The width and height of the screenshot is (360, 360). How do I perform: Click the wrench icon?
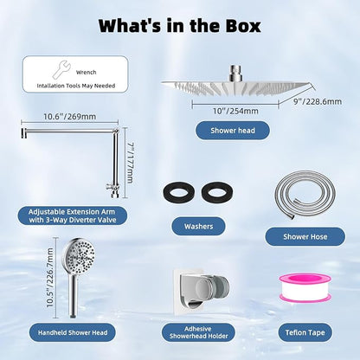pyautogui.click(x=61, y=69)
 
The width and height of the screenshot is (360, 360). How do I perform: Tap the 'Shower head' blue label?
pyautogui.click(x=233, y=131)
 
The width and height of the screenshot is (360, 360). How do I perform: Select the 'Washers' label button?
pyautogui.click(x=198, y=226)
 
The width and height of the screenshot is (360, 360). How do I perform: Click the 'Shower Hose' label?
pyautogui.click(x=305, y=237)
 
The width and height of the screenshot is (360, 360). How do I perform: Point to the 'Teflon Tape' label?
pyautogui.click(x=305, y=332)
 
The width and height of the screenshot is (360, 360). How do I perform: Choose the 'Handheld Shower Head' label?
pyautogui.click(x=73, y=332)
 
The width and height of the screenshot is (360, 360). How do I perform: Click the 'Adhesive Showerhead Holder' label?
pyautogui.click(x=198, y=332)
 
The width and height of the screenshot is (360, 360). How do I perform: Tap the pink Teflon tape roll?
pyautogui.click(x=300, y=288)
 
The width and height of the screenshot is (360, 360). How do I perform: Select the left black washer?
pyautogui.click(x=179, y=191)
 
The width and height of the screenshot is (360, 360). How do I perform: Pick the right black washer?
pyautogui.click(x=217, y=191)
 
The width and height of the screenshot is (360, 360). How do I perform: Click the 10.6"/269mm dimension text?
pyautogui.click(x=69, y=117)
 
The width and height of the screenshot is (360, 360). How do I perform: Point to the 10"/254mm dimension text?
pyautogui.click(x=235, y=111)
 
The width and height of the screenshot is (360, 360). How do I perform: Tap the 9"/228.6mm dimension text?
pyautogui.click(x=318, y=101)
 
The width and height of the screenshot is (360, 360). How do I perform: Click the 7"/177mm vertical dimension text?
pyautogui.click(x=130, y=163)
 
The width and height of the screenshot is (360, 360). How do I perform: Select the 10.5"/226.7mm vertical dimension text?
pyautogui.click(x=50, y=277)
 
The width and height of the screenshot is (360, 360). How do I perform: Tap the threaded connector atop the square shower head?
pyautogui.click(x=235, y=74)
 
